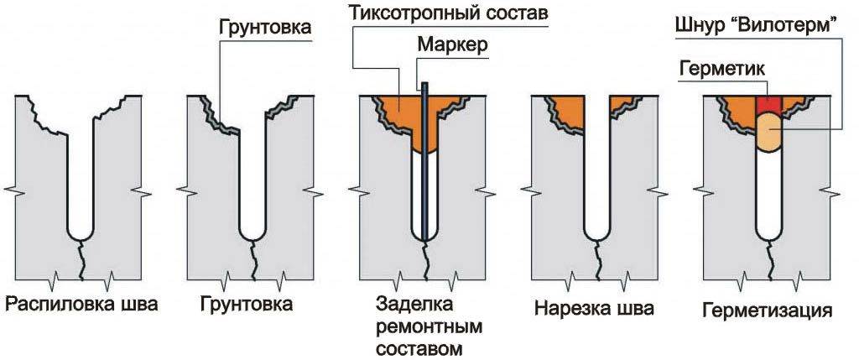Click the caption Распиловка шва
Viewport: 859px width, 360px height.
(x=81, y=305)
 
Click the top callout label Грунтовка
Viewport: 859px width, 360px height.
(x=264, y=29)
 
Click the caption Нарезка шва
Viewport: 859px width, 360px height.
(x=594, y=310)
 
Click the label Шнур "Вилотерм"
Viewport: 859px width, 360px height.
(x=757, y=29)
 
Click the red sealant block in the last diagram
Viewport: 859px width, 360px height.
(x=768, y=106)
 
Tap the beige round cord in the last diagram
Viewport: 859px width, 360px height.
(x=768, y=133)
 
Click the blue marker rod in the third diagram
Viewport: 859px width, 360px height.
(x=426, y=168)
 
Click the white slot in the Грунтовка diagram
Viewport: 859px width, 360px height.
(x=252, y=185)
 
